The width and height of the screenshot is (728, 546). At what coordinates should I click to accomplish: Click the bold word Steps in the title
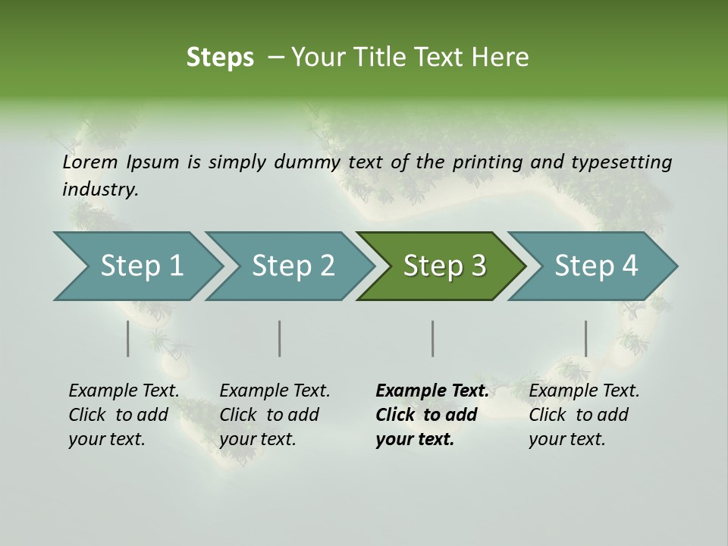(x=220, y=58)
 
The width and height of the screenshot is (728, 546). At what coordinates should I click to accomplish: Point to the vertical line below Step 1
(x=128, y=338)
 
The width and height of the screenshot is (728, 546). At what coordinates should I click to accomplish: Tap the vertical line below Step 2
(x=280, y=338)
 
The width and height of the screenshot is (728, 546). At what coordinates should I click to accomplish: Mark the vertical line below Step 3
(x=433, y=338)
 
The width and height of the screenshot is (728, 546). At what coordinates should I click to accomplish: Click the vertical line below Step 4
(x=585, y=338)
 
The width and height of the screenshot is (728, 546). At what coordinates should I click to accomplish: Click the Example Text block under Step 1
(x=124, y=415)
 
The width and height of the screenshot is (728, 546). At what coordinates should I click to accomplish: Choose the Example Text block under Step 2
(x=275, y=415)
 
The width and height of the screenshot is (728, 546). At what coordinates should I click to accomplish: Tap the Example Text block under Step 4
(x=584, y=415)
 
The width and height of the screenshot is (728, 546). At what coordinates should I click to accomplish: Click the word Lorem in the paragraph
(x=90, y=162)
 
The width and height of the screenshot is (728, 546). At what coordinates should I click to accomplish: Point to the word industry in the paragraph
(x=99, y=190)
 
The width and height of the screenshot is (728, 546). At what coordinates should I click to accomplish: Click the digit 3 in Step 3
(x=477, y=266)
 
